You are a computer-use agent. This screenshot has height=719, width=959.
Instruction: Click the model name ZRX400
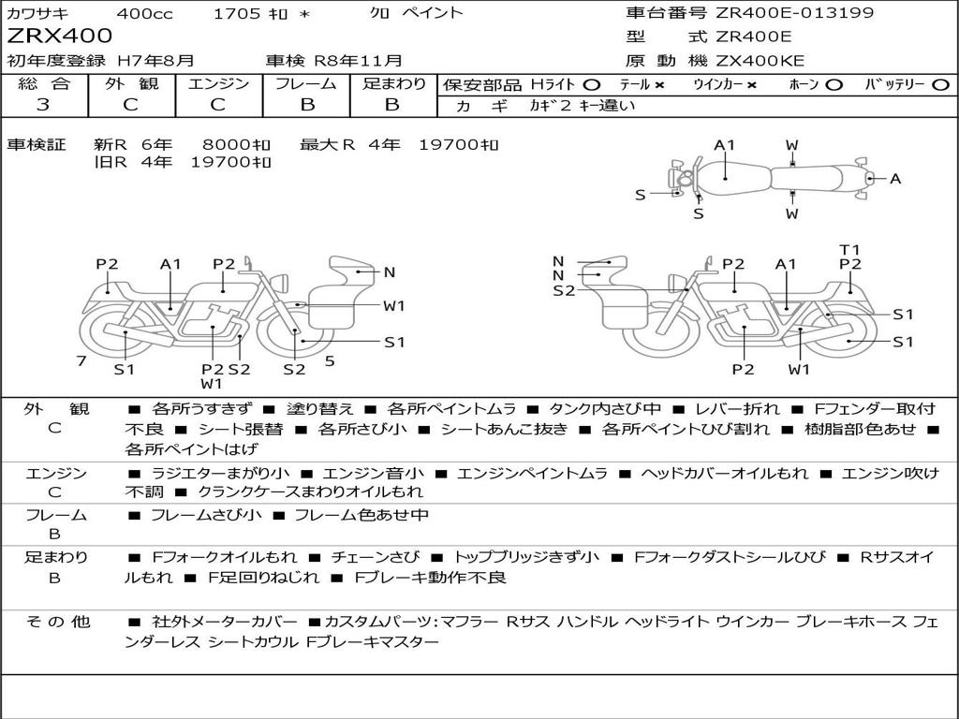point(59,37)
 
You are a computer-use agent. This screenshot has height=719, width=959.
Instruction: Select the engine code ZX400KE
point(760,62)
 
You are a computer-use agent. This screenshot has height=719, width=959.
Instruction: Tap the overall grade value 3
point(42,105)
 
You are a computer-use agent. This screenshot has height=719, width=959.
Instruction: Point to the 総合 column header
point(43,84)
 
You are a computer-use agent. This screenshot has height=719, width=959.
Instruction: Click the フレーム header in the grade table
point(306,84)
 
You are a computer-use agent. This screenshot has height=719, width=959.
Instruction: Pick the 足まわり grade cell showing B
point(392,105)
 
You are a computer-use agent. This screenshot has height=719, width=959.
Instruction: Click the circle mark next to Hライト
point(591,85)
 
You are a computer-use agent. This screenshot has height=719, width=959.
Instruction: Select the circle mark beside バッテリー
point(941,85)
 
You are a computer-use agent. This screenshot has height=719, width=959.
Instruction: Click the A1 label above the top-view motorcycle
point(725,145)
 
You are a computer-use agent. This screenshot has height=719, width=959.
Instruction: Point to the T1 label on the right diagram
point(849,249)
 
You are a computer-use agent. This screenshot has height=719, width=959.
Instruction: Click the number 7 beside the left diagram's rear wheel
point(81,360)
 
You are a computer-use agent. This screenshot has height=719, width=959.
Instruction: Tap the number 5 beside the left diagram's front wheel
point(330,360)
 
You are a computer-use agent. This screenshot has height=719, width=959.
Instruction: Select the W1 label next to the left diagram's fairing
point(394,305)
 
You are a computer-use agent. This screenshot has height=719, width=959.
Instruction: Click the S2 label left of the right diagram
point(564,291)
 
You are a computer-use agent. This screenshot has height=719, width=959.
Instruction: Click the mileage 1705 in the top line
point(231,13)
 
